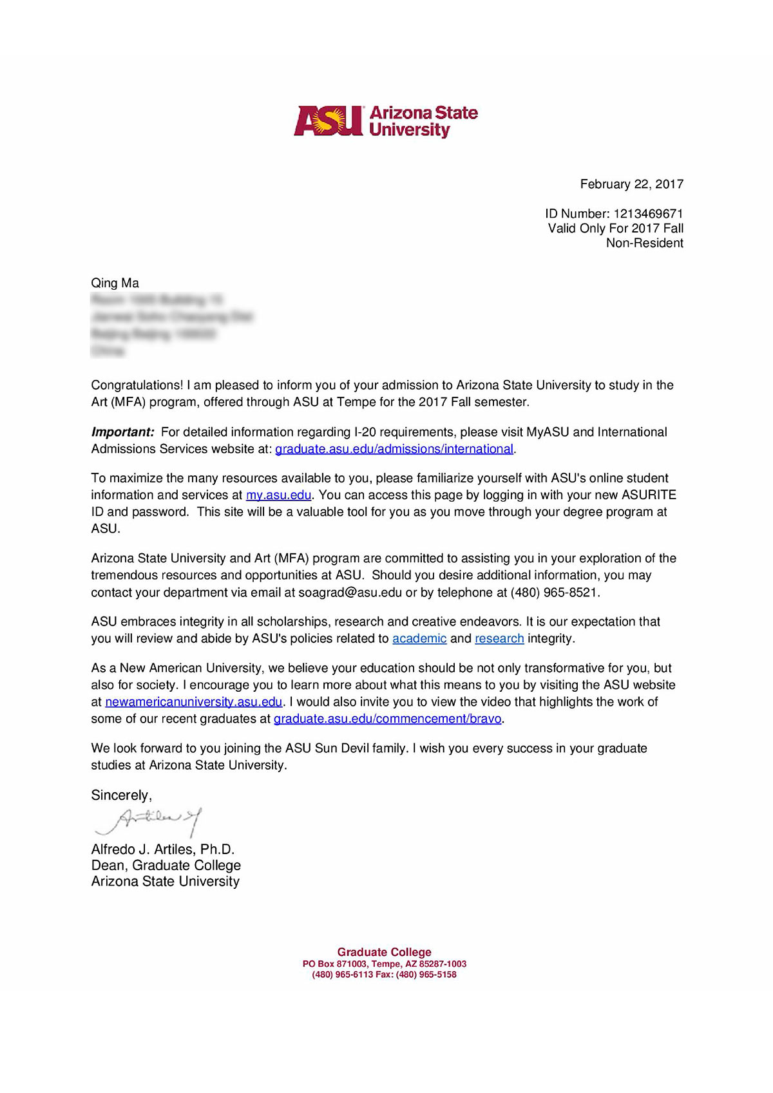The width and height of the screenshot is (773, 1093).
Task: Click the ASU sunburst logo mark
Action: pyautogui.click(x=329, y=120)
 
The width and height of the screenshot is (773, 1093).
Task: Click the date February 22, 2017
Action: pyautogui.click(x=631, y=184)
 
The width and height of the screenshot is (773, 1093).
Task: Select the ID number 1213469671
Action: pyautogui.click(x=648, y=213)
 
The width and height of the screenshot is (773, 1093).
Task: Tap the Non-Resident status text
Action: pyautogui.click(x=644, y=243)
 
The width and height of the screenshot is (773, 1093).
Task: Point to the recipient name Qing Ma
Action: pyautogui.click(x=115, y=283)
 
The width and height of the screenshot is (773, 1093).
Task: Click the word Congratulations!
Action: pyautogui.click(x=137, y=385)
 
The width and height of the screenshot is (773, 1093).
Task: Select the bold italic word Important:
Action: pyautogui.click(x=122, y=432)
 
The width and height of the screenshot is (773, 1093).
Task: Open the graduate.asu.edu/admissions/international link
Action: pyautogui.click(x=394, y=449)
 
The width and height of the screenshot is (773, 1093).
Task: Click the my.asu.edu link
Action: pyautogui.click(x=278, y=495)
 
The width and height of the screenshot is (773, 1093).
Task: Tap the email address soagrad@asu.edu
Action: pyautogui.click(x=350, y=593)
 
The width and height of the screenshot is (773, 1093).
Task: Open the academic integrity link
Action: pyautogui.click(x=419, y=638)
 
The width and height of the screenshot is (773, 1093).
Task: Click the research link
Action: pyautogui.click(x=499, y=638)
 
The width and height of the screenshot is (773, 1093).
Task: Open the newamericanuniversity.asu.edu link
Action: pyautogui.click(x=193, y=701)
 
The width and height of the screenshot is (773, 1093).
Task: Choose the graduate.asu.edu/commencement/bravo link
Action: pyautogui.click(x=387, y=719)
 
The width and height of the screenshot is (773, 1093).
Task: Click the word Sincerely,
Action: pyautogui.click(x=121, y=795)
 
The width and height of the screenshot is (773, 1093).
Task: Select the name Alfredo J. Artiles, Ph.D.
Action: pyautogui.click(x=163, y=850)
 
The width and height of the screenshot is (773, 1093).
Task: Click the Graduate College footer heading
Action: pyautogui.click(x=384, y=952)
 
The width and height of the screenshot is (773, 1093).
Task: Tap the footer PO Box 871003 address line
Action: pyautogui.click(x=384, y=964)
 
